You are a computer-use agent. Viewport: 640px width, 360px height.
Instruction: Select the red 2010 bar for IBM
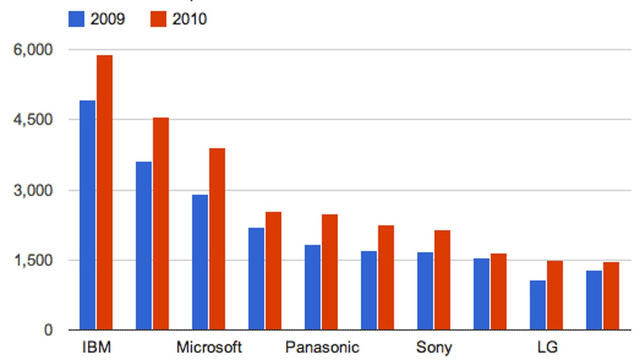105,193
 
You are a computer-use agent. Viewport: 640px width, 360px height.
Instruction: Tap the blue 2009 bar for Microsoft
200,262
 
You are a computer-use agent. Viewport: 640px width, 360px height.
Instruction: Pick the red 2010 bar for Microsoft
217,239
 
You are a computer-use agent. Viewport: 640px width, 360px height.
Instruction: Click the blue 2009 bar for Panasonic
313,287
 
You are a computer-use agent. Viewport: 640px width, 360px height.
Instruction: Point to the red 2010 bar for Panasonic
330,272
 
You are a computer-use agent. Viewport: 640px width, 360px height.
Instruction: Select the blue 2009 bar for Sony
425,291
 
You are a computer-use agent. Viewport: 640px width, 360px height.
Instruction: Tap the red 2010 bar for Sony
442,280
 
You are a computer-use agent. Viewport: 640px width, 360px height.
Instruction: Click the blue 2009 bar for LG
538,305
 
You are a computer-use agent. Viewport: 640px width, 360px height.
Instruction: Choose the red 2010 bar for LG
555,295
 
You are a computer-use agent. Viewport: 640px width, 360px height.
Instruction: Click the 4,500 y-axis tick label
33,120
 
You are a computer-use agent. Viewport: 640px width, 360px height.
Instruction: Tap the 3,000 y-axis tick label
33,190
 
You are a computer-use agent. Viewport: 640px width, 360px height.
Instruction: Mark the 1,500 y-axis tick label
33,261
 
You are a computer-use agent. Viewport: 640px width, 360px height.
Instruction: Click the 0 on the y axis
48,331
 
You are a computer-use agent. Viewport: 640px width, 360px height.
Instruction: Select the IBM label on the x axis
96,348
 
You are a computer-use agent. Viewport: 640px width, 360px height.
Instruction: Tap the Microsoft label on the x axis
209,348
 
